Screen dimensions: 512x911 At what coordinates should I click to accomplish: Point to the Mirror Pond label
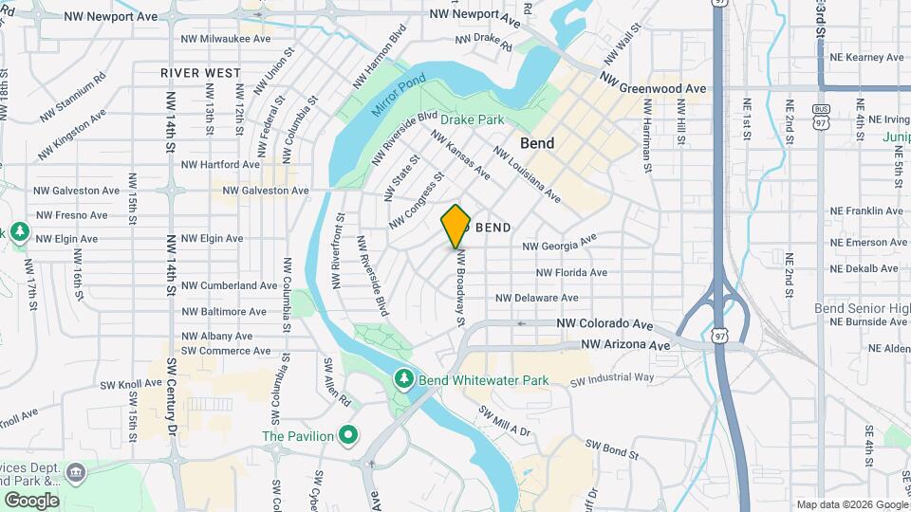394,95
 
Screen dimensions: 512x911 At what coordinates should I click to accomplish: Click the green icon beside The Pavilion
348,436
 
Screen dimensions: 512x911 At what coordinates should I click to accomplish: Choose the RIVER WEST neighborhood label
200,72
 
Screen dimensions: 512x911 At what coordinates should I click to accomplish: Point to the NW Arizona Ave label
625,345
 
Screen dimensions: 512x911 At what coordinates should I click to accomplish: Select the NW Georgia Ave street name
559,245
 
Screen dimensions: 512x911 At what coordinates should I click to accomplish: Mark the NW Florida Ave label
571,272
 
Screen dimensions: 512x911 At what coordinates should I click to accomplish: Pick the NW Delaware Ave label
537,298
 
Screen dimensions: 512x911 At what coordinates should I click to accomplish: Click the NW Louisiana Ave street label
526,176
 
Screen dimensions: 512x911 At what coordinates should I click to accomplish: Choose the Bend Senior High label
862,308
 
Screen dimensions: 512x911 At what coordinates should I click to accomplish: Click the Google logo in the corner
31,500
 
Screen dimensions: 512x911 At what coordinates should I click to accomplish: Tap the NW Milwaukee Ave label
225,39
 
